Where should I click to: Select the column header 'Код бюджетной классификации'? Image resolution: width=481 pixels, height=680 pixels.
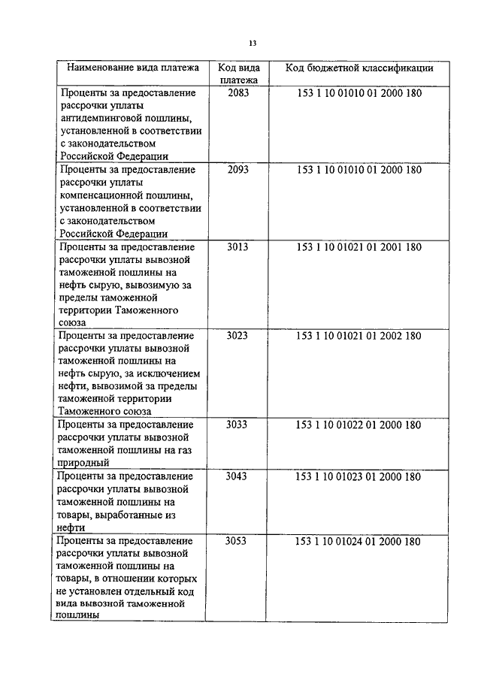[359, 68]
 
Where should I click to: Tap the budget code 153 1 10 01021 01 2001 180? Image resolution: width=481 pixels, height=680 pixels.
[359, 246]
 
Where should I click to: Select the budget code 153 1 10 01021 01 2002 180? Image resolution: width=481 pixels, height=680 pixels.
[359, 335]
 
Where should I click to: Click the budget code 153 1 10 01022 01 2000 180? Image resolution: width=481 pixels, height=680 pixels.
[359, 425]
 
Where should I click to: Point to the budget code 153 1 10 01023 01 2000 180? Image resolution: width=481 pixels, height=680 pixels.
[359, 476]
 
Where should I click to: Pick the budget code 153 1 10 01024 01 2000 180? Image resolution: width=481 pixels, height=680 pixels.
[359, 541]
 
